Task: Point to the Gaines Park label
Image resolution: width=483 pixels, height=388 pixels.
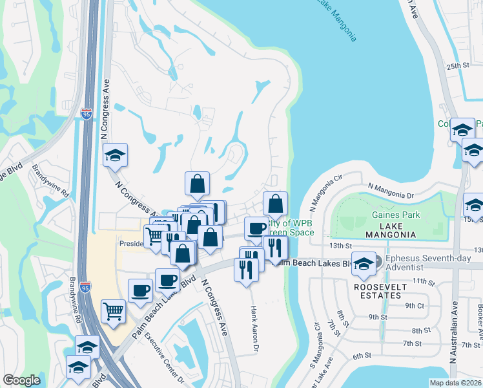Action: pos(396,215)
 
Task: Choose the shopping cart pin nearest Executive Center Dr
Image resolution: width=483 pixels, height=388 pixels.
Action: pos(114,312)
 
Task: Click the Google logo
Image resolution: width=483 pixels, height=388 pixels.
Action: pos(21,380)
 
